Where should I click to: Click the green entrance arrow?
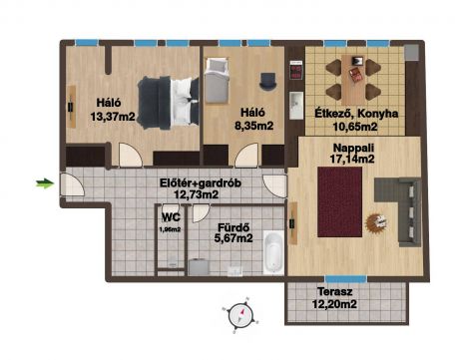(x=45, y=183)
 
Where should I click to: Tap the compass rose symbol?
(x=241, y=314)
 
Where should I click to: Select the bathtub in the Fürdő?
(x=273, y=253)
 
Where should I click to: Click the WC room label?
(x=171, y=217)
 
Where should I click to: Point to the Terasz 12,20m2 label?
(x=334, y=298)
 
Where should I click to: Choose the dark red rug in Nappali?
(x=339, y=201)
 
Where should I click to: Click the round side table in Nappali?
(x=376, y=222)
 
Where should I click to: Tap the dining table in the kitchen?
(x=353, y=80)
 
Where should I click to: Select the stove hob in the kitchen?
(x=296, y=70)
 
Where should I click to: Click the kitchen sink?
(x=296, y=105)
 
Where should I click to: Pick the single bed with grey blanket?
(x=217, y=81)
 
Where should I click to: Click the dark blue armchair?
(x=267, y=82)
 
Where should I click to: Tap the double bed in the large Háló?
(x=168, y=103)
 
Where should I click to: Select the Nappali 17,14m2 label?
(x=353, y=153)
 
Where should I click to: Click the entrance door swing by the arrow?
(x=73, y=184)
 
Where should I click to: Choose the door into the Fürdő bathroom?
(x=201, y=213)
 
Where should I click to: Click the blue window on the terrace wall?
(x=346, y=279)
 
